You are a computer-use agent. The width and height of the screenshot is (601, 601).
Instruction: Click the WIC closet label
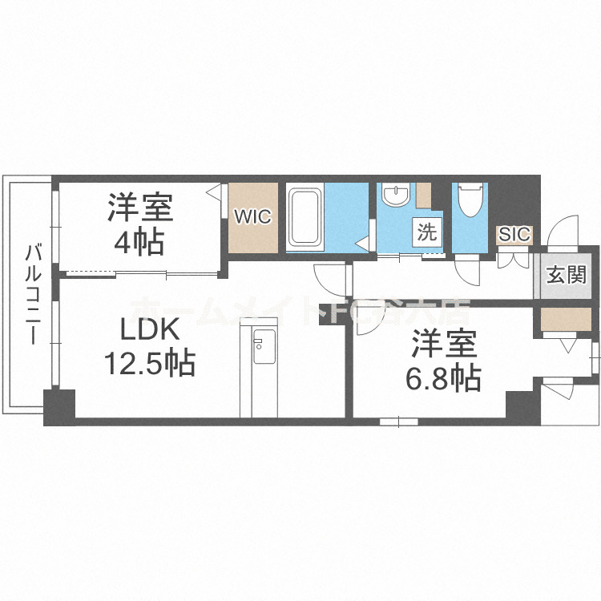coord(253,216)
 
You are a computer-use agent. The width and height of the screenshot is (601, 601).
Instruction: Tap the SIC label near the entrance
coord(514,234)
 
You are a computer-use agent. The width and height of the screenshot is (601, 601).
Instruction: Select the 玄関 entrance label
coord(566,275)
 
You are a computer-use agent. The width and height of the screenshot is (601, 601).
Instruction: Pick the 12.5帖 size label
coord(148,365)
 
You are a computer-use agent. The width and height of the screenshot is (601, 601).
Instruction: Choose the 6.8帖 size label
coord(443,377)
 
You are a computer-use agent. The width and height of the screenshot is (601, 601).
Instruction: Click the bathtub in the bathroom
coord(305,217)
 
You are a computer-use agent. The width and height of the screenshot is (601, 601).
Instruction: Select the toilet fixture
coord(470,205)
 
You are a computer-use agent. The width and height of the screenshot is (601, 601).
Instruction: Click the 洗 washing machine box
coord(426,232)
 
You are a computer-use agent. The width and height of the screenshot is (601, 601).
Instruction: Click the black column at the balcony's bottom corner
coord(58,406)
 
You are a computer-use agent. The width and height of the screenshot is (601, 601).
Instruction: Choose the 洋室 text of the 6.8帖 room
coord(443,345)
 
